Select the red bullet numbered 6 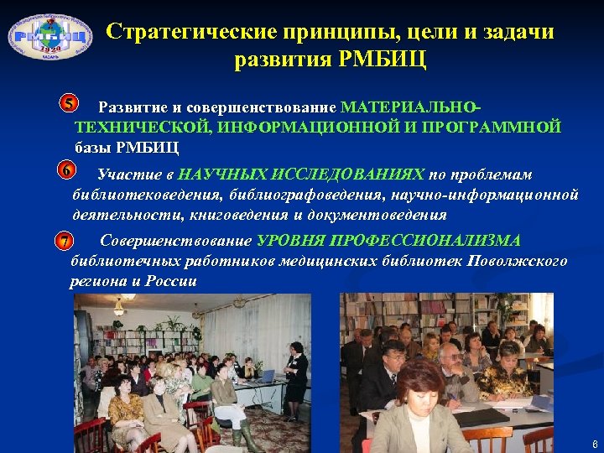pos(65,172)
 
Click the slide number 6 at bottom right pos(595,444)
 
